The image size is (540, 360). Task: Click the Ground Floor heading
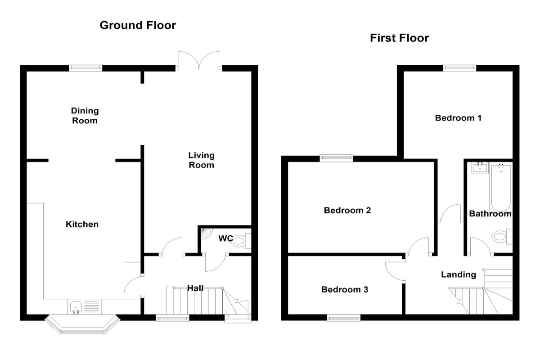click(138, 25)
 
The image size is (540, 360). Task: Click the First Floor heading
click(399, 38)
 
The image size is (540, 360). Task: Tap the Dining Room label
click(85, 115)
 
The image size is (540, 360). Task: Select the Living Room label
click(201, 160)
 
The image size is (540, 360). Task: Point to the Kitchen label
click(82, 224)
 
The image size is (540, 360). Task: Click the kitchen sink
click(75, 307)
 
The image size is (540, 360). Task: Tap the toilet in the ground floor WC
click(240, 240)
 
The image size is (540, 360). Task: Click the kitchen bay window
click(82, 326)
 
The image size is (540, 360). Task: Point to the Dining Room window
click(85, 67)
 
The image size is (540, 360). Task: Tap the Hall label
click(196, 288)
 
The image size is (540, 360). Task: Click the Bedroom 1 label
click(458, 118)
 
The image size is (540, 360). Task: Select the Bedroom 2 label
click(347, 210)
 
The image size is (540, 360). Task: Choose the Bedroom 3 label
click(345, 289)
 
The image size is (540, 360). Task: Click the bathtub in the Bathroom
click(500, 187)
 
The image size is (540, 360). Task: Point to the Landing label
click(458, 274)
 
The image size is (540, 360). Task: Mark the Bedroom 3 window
click(344, 318)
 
